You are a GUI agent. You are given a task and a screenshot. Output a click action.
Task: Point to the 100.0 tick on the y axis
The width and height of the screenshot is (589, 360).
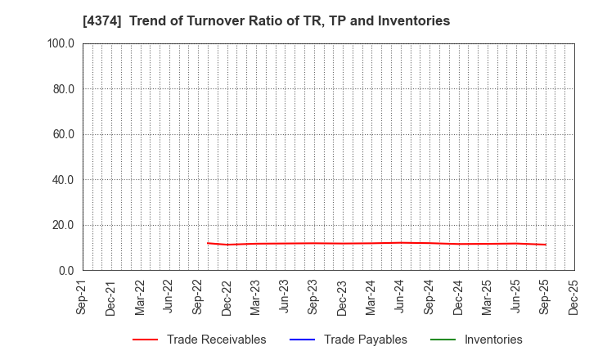61,43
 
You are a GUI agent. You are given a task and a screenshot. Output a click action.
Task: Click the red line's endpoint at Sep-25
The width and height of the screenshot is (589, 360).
546,245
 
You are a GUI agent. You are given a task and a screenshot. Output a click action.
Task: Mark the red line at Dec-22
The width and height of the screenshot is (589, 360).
228,245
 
